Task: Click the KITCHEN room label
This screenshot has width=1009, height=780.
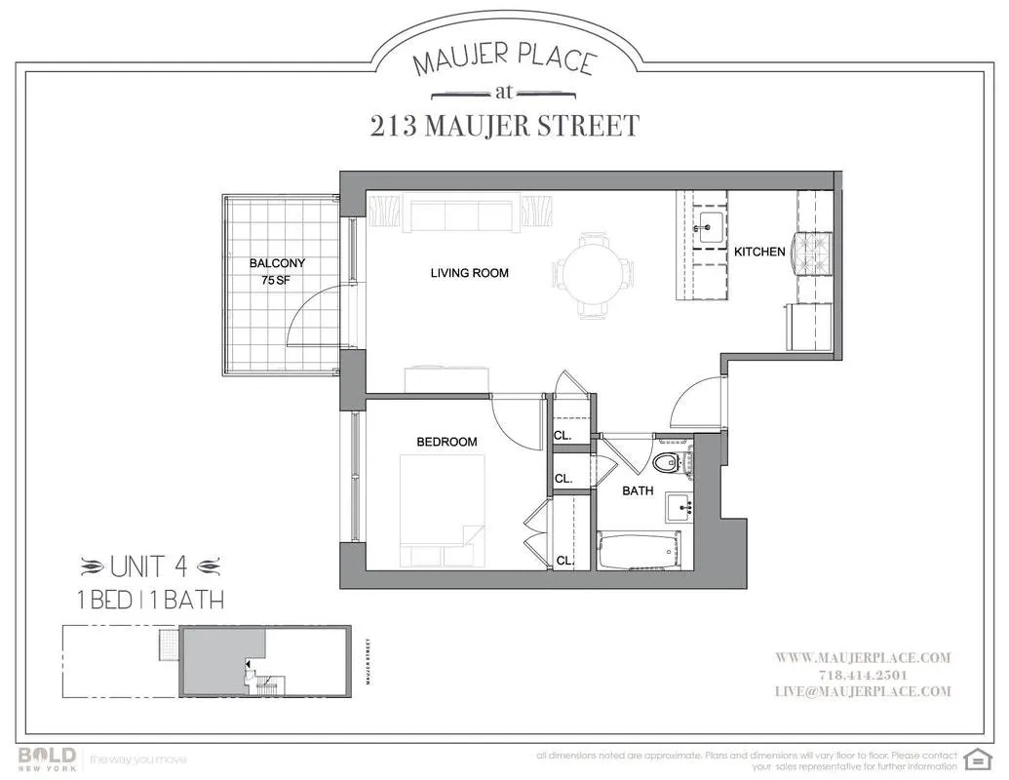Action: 759,252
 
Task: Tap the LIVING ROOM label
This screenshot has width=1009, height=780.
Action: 469,273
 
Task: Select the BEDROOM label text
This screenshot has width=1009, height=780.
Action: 446,442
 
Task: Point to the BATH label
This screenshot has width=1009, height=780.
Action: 639,491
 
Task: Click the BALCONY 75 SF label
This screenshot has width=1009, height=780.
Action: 277,271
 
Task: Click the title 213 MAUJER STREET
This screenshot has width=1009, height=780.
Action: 504,126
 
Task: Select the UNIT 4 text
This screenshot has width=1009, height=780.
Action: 151,565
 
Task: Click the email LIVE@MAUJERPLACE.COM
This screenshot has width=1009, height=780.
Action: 864,691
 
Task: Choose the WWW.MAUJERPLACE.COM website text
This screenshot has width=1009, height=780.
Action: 863,658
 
